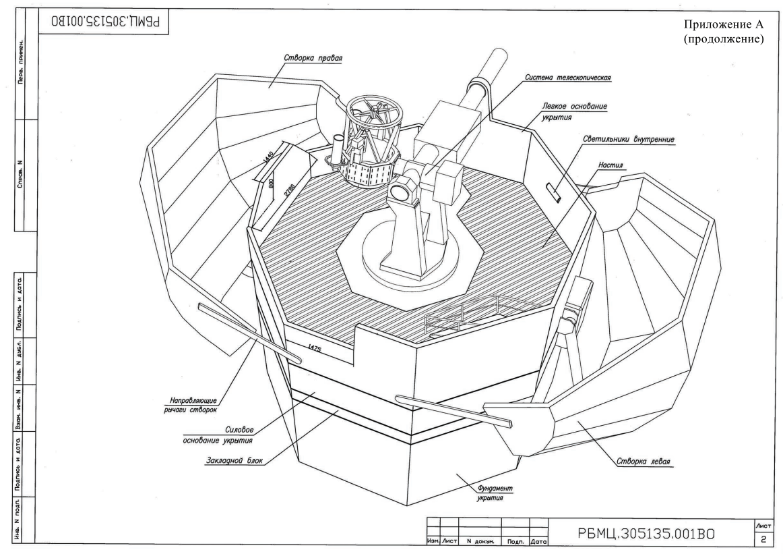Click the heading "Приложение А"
[723, 24]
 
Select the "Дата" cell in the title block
[538, 541]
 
